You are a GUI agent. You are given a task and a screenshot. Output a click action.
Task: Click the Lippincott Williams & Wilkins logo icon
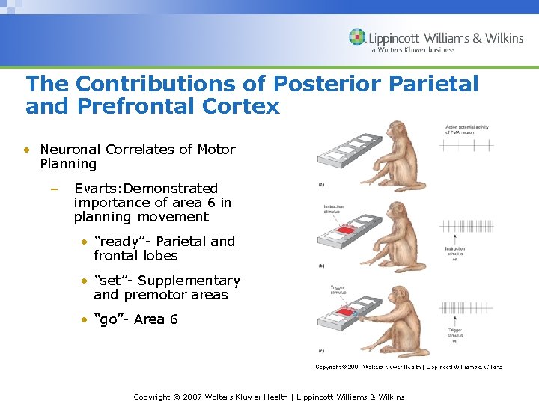357,37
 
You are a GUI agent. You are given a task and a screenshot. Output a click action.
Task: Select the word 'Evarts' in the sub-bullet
97,189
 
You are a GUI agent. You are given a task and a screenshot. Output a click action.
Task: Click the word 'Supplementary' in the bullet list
188,281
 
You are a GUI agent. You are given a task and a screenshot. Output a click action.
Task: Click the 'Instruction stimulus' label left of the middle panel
334,209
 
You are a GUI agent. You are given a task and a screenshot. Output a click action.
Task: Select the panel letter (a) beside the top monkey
321,184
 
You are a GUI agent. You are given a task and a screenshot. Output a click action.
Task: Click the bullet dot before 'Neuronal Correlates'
26,150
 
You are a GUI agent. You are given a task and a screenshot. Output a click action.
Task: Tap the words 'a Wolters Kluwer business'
412,50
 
